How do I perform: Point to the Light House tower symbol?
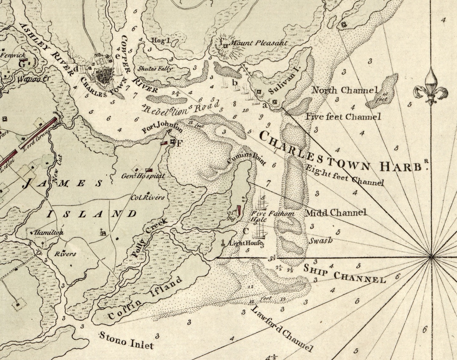pos(224,243)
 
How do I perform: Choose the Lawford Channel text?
pos(280,328)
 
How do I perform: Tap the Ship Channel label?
pos(344,274)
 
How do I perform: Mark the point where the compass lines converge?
pos(431,257)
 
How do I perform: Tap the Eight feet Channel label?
pos(344,174)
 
